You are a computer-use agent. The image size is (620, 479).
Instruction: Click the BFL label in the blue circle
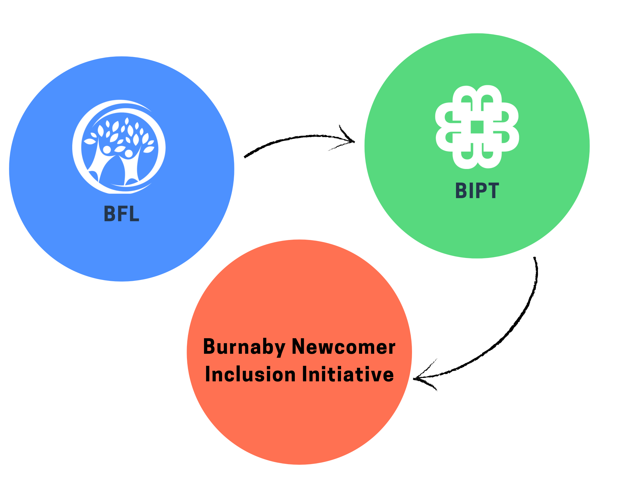(x=122, y=214)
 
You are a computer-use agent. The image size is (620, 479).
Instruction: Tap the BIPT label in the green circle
(x=477, y=190)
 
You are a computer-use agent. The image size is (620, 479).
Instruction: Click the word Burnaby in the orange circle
(x=244, y=347)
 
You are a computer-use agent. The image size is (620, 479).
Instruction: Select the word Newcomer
(x=343, y=347)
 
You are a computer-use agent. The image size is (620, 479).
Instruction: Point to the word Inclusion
(x=250, y=374)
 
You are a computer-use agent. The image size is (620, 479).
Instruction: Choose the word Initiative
(x=348, y=374)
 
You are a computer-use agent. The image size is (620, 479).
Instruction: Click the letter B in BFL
(x=109, y=214)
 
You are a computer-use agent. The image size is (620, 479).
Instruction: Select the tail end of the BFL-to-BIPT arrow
(x=246, y=156)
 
